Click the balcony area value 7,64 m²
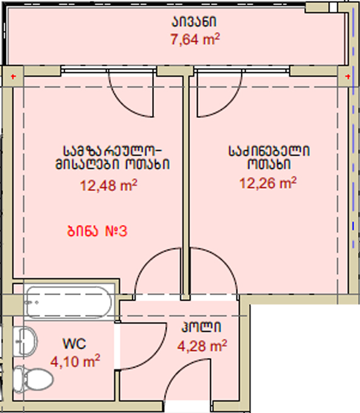click(x=195, y=40)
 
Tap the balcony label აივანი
click(x=194, y=21)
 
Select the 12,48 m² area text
click(x=108, y=186)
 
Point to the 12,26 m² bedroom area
click(x=268, y=183)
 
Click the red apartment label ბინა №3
click(x=97, y=231)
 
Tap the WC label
click(x=74, y=344)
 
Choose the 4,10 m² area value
click(x=75, y=361)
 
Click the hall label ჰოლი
click(x=201, y=327)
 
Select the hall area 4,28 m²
click(x=202, y=346)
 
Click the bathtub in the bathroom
click(x=69, y=302)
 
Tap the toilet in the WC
click(x=32, y=380)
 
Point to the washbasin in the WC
click(x=26, y=342)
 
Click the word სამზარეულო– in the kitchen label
click(x=112, y=151)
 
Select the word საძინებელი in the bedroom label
click(x=269, y=151)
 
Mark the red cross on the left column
click(x=13, y=77)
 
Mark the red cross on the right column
click(x=348, y=77)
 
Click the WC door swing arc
click(x=155, y=355)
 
